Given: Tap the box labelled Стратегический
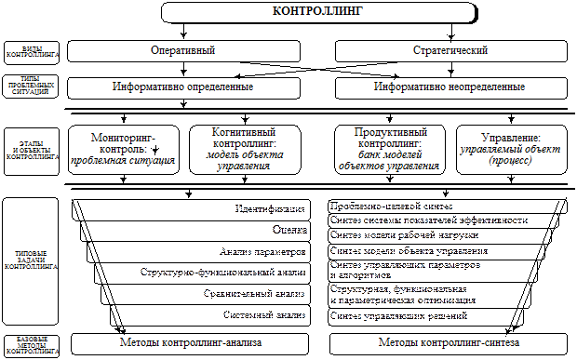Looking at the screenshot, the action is [x=449, y=48].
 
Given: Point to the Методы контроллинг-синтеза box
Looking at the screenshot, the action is [x=450, y=343].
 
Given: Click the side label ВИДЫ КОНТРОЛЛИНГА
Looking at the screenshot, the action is [x=31, y=48].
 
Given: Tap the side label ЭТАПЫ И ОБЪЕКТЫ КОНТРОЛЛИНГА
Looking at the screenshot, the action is [x=31, y=149].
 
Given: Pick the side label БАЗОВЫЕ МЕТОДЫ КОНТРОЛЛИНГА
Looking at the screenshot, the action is [x=31, y=344].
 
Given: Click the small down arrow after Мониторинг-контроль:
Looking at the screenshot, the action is [x=155, y=150].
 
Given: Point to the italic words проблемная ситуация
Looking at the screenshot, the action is [x=124, y=161].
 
